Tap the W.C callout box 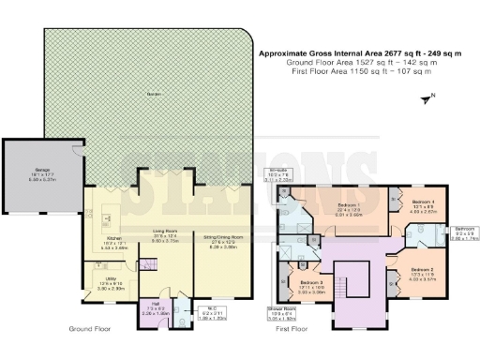(x=216, y=313)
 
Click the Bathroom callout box (x=466, y=233)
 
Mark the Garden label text (x=148, y=94)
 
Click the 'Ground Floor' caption (x=91, y=329)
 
